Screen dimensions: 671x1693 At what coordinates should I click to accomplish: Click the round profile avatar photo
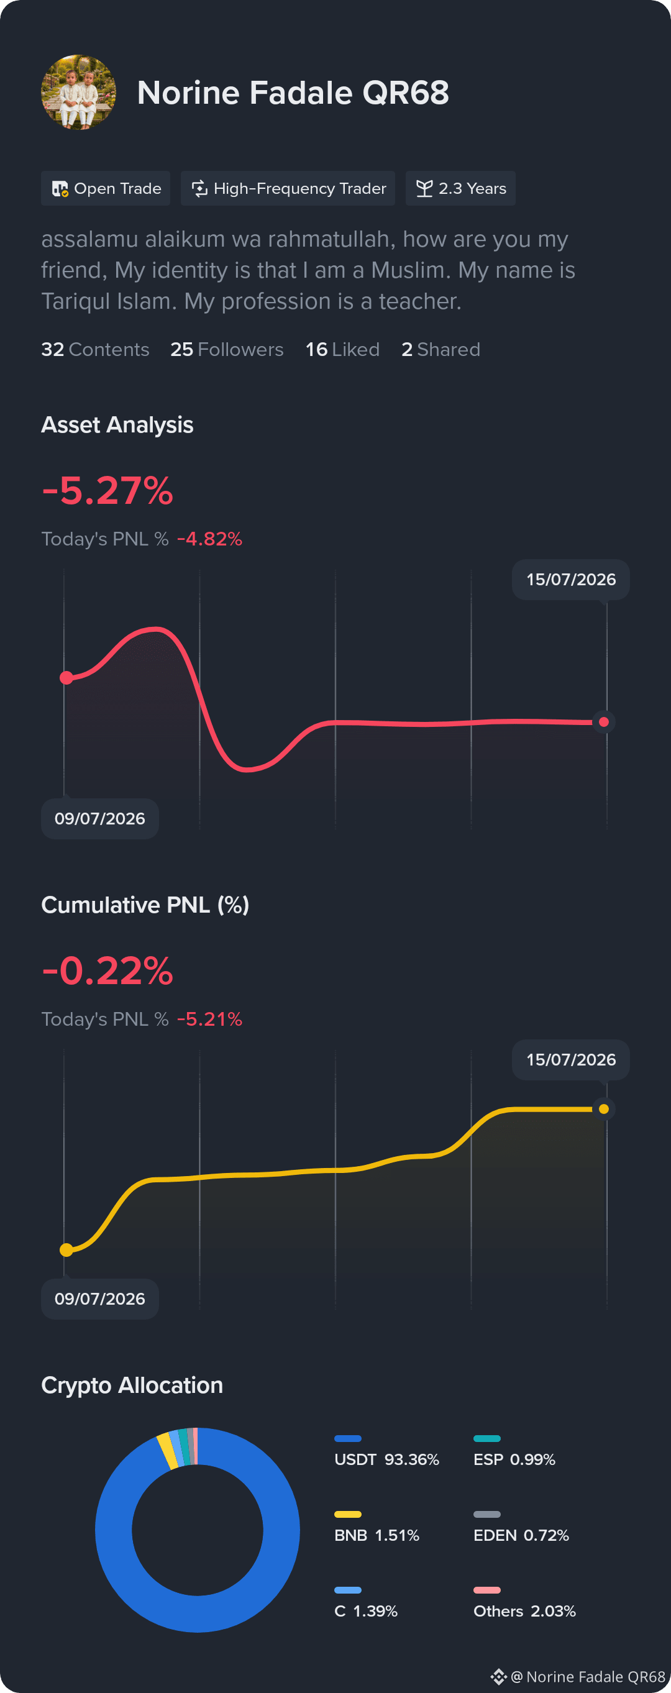click(x=79, y=92)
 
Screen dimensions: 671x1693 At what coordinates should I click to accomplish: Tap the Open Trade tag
click(x=106, y=189)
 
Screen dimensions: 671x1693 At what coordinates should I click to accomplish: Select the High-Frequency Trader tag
click(x=288, y=189)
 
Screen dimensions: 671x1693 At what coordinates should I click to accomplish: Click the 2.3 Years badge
click(x=461, y=189)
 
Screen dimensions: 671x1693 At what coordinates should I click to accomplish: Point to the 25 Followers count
click(x=227, y=349)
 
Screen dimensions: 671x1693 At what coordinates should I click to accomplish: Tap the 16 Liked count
click(x=342, y=349)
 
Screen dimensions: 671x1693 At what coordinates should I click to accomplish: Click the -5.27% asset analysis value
click(x=107, y=490)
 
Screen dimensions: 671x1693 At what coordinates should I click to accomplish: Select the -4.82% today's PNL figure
click(x=209, y=539)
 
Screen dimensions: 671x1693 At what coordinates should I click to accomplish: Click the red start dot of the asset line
click(x=66, y=678)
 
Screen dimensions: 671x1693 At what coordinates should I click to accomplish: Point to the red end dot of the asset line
click(x=603, y=723)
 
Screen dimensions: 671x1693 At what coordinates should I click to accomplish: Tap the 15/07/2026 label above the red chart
click(x=571, y=580)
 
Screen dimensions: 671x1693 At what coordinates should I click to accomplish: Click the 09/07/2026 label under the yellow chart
click(x=100, y=1298)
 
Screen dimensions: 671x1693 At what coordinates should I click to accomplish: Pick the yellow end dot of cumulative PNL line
click(x=603, y=1110)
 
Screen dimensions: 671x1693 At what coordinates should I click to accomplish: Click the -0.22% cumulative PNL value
click(x=107, y=970)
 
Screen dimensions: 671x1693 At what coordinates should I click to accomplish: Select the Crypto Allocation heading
click(x=132, y=1385)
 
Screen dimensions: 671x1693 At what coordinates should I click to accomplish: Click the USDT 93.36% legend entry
click(x=386, y=1453)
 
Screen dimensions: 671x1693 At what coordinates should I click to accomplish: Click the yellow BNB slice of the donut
click(x=168, y=1451)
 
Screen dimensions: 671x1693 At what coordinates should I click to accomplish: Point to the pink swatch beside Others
click(x=487, y=1590)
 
